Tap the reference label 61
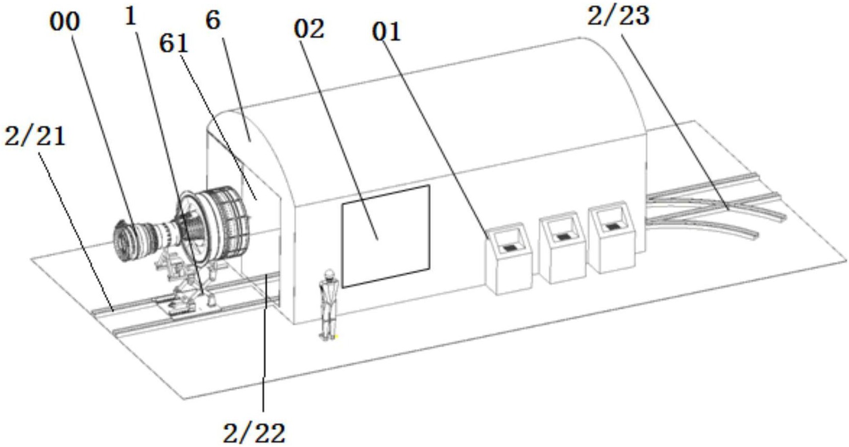click(x=174, y=44)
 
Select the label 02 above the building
click(x=309, y=30)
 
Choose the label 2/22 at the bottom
click(x=254, y=434)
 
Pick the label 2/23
click(x=619, y=16)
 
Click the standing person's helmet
click(x=329, y=273)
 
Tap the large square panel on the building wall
click(x=386, y=236)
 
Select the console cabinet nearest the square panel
click(x=509, y=258)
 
